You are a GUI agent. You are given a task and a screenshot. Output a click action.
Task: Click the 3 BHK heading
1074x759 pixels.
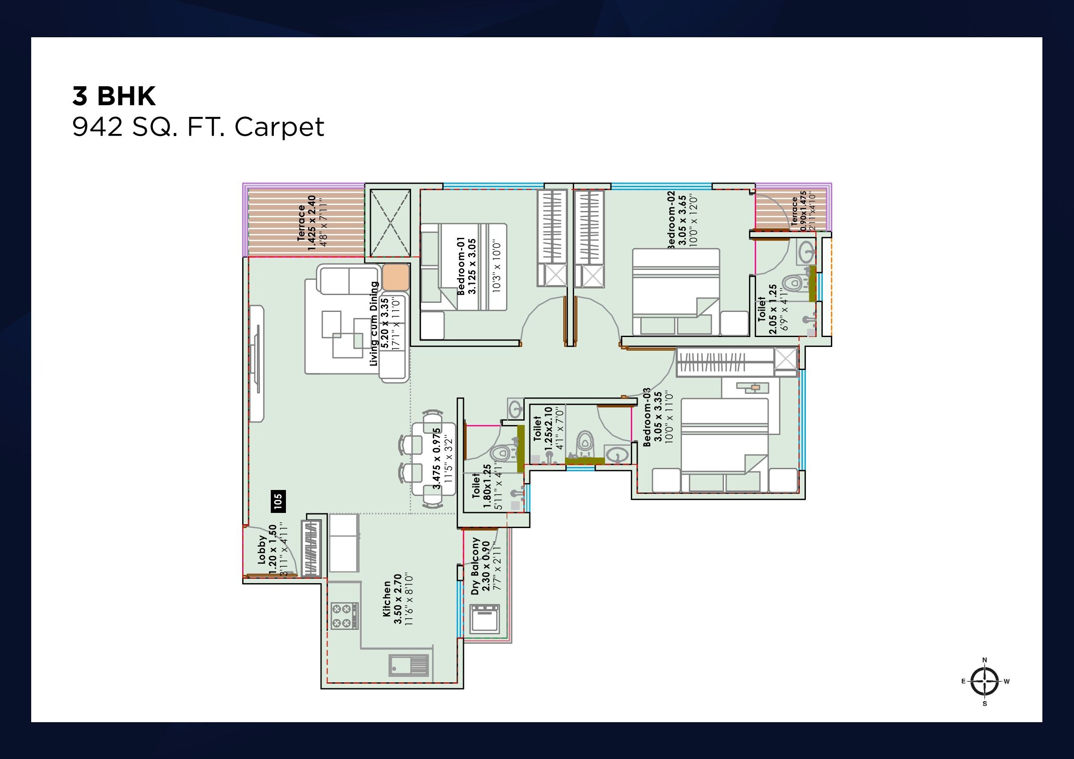pyautogui.click(x=114, y=96)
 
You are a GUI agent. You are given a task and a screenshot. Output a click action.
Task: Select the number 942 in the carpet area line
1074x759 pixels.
pyautogui.click(x=97, y=127)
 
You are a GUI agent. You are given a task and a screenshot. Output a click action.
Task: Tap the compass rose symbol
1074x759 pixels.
pyautogui.click(x=985, y=681)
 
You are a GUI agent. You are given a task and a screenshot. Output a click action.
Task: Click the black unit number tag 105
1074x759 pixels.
pyautogui.click(x=278, y=501)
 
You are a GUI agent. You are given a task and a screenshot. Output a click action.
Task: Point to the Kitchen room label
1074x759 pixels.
pyautogui.click(x=386, y=599)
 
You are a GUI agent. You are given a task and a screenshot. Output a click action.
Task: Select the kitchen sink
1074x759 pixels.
pyautogui.click(x=409, y=665)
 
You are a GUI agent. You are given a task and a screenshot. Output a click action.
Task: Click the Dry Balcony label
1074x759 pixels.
pyautogui.click(x=476, y=565)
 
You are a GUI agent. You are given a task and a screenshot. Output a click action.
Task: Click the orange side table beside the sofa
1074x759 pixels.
pyautogui.click(x=396, y=277)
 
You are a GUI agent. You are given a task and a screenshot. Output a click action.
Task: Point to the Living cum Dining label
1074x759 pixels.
pyautogui.click(x=374, y=324)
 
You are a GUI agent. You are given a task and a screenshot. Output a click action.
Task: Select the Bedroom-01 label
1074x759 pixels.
pyautogui.click(x=461, y=266)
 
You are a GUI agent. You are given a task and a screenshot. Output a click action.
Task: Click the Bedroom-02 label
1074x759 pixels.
pyautogui.click(x=671, y=219)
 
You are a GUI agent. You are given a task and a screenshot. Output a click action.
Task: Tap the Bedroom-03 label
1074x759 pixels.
pyautogui.click(x=647, y=417)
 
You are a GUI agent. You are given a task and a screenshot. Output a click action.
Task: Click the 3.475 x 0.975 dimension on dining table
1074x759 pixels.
pyautogui.click(x=437, y=458)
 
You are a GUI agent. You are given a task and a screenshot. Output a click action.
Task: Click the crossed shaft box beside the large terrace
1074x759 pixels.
pyautogui.click(x=390, y=223)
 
